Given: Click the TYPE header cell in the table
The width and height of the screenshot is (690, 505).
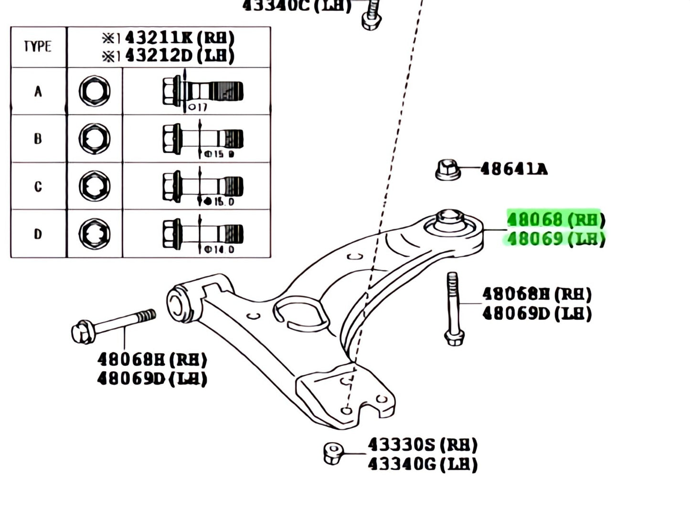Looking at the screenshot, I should pos(38,46).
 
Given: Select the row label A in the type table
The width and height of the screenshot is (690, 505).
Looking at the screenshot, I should pos(38,91).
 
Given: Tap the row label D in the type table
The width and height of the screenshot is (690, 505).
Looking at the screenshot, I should pos(38,234).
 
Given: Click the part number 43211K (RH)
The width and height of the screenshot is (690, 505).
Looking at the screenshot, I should pos(179,37).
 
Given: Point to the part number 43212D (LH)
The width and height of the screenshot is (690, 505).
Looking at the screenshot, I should pos(179,56).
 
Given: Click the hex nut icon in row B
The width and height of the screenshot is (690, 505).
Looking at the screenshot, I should pos(95,138).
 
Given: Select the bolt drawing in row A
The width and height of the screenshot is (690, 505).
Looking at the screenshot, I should pos(202,91).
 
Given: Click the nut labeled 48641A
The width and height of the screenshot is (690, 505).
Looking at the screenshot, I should pos(448,169).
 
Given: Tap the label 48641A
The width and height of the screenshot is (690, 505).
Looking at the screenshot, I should pos(513,169).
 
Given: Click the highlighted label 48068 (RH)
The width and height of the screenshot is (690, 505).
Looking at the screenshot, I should pos(555,219).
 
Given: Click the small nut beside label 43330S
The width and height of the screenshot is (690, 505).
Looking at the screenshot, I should pos(333,453).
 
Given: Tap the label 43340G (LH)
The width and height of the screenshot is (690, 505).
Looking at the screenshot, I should pos(423,464).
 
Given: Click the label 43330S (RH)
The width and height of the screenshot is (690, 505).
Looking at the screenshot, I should pos(423,445).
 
